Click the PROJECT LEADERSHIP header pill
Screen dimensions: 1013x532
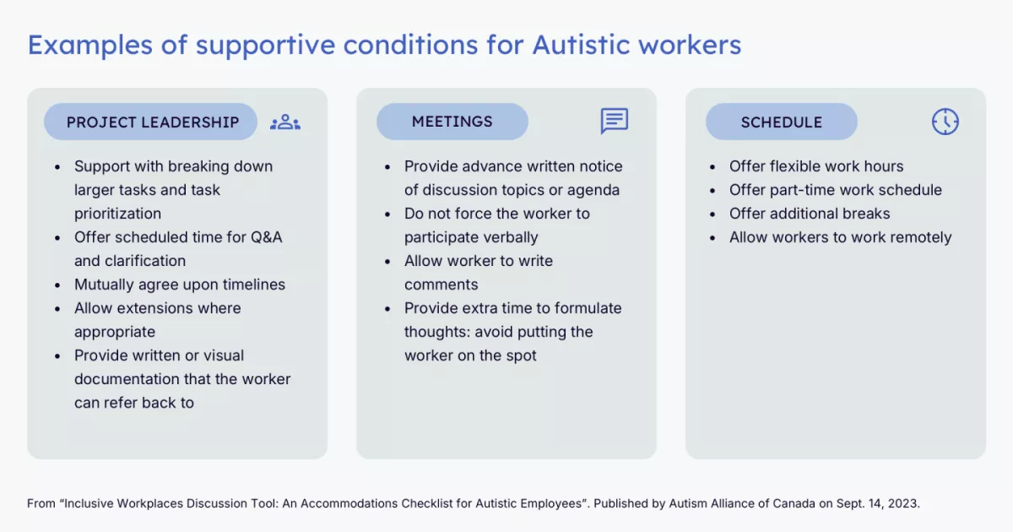coord(150,122)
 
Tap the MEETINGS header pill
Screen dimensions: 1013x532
coord(452,122)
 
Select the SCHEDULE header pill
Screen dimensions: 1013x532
coord(782,122)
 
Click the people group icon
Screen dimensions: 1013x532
coord(285,122)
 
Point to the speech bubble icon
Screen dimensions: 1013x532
coord(615,121)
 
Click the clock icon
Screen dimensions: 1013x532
coord(945,122)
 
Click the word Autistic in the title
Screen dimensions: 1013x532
coord(581,44)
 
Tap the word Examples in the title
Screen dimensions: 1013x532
coord(90,46)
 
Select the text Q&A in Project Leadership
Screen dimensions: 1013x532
coord(266,237)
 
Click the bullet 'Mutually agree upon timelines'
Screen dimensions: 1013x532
coord(180,285)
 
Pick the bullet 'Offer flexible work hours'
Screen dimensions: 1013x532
coord(816,166)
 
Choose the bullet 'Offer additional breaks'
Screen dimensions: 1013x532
coord(810,214)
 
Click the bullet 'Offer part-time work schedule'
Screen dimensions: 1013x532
coord(835,190)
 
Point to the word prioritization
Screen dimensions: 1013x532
coord(117,214)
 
